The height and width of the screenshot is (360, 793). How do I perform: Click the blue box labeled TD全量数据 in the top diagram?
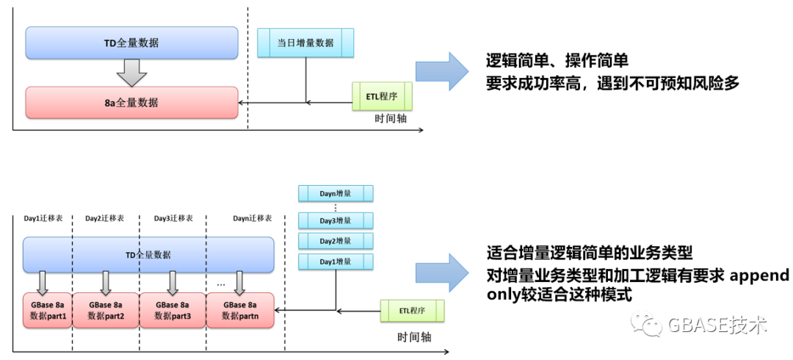(x=131, y=43)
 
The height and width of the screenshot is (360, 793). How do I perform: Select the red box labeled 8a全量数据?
(x=131, y=102)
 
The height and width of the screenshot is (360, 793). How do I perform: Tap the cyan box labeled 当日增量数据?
(x=305, y=43)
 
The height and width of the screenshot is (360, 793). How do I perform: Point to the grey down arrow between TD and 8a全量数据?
(x=131, y=72)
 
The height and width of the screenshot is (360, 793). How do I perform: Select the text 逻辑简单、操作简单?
(x=557, y=60)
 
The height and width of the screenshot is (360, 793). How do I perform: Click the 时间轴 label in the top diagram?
(x=391, y=118)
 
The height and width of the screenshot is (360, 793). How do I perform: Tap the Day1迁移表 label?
(x=43, y=218)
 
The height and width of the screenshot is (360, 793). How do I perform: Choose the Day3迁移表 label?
(x=173, y=218)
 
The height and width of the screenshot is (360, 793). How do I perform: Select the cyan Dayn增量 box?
(x=336, y=193)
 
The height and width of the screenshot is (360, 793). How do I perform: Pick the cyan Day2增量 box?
(x=336, y=241)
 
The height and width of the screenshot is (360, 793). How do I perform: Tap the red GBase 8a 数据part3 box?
(x=173, y=310)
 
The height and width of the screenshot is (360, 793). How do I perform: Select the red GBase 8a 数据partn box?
(x=240, y=310)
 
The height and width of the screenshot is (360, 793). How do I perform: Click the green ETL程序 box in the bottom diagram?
(x=412, y=311)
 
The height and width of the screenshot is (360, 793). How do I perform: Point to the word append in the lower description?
(x=759, y=276)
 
